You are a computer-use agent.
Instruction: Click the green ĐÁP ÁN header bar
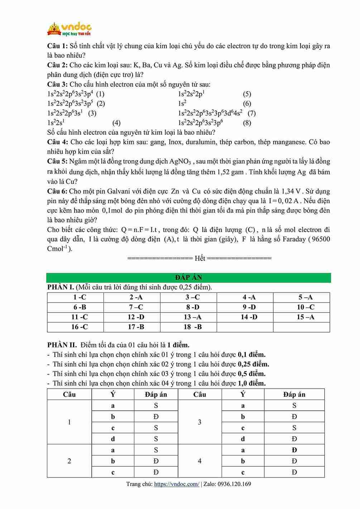tap(188, 277)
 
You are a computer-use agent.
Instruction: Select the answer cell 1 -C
tap(80, 297)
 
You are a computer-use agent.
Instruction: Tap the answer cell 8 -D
tap(192, 307)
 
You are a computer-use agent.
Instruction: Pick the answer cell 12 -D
tap(136, 317)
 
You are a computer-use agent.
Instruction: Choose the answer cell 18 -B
tap(192, 327)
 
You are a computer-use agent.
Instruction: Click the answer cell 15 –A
tap(306, 317)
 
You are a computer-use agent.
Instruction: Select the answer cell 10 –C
tap(306, 307)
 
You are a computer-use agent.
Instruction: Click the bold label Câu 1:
tap(57, 46)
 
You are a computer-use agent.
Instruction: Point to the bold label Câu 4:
tap(57, 142)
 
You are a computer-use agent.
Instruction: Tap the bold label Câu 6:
tap(57, 191)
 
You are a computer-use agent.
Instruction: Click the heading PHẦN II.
tap(62, 345)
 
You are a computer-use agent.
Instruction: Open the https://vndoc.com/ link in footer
tap(177, 484)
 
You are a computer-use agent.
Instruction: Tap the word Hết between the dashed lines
tap(200, 258)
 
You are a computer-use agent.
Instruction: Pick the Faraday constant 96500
tap(321, 239)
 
